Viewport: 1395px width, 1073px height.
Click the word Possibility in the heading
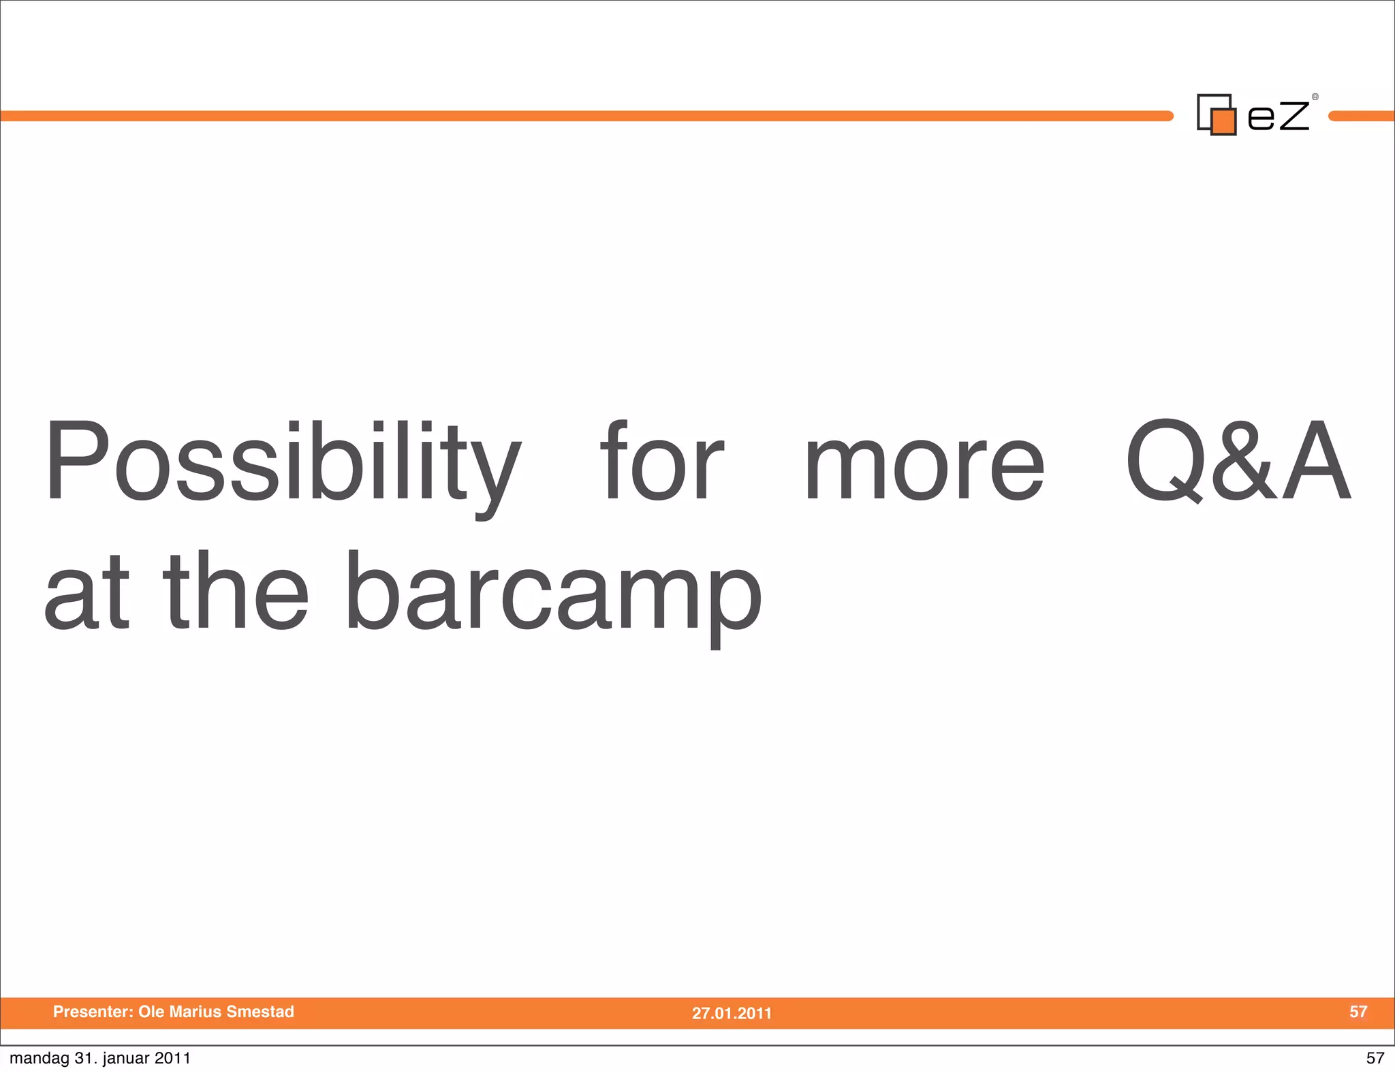click(x=283, y=463)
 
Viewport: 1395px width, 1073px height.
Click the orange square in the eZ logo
click(x=1223, y=121)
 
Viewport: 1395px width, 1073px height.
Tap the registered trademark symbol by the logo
click(x=1315, y=97)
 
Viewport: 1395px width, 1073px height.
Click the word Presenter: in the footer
click(x=93, y=1012)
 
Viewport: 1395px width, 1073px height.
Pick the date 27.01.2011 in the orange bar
click(x=732, y=1013)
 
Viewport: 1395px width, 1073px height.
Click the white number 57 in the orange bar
click(x=1358, y=1012)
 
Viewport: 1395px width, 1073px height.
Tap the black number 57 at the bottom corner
click(x=1375, y=1058)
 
